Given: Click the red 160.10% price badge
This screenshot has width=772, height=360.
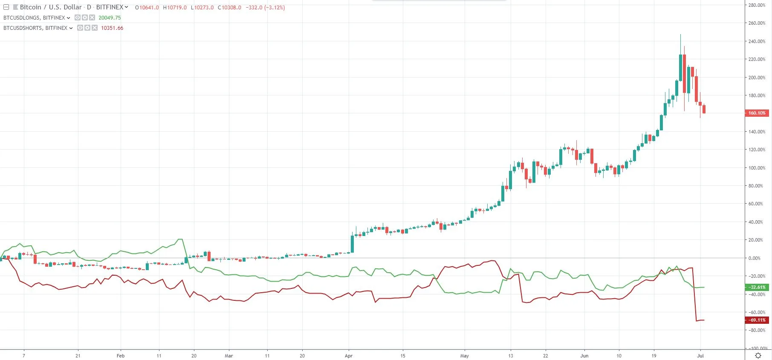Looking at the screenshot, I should pyautogui.click(x=757, y=113).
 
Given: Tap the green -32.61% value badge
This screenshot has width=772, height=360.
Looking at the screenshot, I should pyautogui.click(x=757, y=287).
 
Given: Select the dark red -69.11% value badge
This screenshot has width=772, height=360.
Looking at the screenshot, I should pyautogui.click(x=757, y=320).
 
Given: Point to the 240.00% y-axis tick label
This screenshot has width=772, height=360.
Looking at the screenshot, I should pyautogui.click(x=757, y=41).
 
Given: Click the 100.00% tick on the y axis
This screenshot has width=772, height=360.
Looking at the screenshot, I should pyautogui.click(x=757, y=168).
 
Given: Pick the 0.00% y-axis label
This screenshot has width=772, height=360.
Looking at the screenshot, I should pyautogui.click(x=755, y=258).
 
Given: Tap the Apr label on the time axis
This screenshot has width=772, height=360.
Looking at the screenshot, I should pyautogui.click(x=349, y=356).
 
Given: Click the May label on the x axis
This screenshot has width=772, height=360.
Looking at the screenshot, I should pyautogui.click(x=465, y=356).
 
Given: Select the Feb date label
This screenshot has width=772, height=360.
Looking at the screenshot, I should pyautogui.click(x=121, y=356).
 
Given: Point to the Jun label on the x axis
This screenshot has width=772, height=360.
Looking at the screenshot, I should pyautogui.click(x=584, y=356).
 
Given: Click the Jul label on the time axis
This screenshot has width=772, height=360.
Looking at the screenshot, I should pyautogui.click(x=700, y=356).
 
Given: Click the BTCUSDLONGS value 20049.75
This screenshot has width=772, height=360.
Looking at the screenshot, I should pyautogui.click(x=110, y=18).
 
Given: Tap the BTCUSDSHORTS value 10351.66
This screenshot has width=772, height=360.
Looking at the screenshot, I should pyautogui.click(x=112, y=28).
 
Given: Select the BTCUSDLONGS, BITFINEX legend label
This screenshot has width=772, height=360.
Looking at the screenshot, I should pyautogui.click(x=34, y=18).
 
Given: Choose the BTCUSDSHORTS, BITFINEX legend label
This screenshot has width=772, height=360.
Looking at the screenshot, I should pyautogui.click(x=35, y=28).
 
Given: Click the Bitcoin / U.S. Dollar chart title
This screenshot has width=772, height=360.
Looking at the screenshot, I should pyautogui.click(x=51, y=7).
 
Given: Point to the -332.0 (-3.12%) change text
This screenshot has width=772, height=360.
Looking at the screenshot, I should pyautogui.click(x=265, y=8).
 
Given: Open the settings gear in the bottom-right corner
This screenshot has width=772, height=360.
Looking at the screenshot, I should pyautogui.click(x=758, y=355).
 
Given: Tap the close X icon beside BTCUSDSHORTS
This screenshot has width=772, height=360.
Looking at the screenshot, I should pyautogui.click(x=95, y=28).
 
